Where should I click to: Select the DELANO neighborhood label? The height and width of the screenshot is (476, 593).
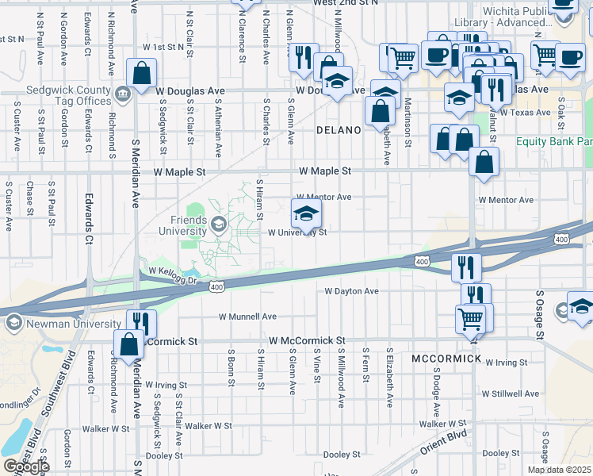[339, 129]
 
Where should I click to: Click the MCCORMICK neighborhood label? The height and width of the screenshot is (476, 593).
[446, 359]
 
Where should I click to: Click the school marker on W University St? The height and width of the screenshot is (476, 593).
[306, 213]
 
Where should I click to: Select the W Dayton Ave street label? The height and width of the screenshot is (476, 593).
[352, 291]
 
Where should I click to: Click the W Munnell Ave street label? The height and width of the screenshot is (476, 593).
[247, 316]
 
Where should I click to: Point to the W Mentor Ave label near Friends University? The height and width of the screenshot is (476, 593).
[323, 197]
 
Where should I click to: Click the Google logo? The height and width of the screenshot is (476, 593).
[26, 466]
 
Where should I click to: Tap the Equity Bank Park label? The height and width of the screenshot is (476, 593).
[553, 141]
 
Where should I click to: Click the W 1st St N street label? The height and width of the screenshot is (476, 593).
[163, 47]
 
